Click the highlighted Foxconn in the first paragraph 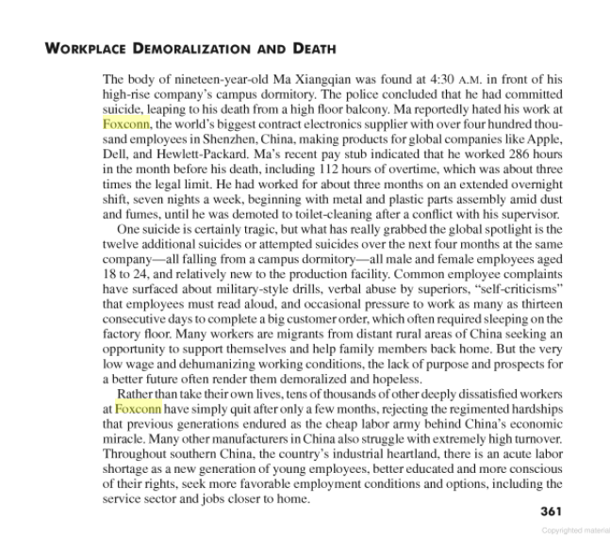pos(126,122)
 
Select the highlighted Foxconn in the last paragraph pos(138,408)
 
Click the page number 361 pos(551,512)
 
